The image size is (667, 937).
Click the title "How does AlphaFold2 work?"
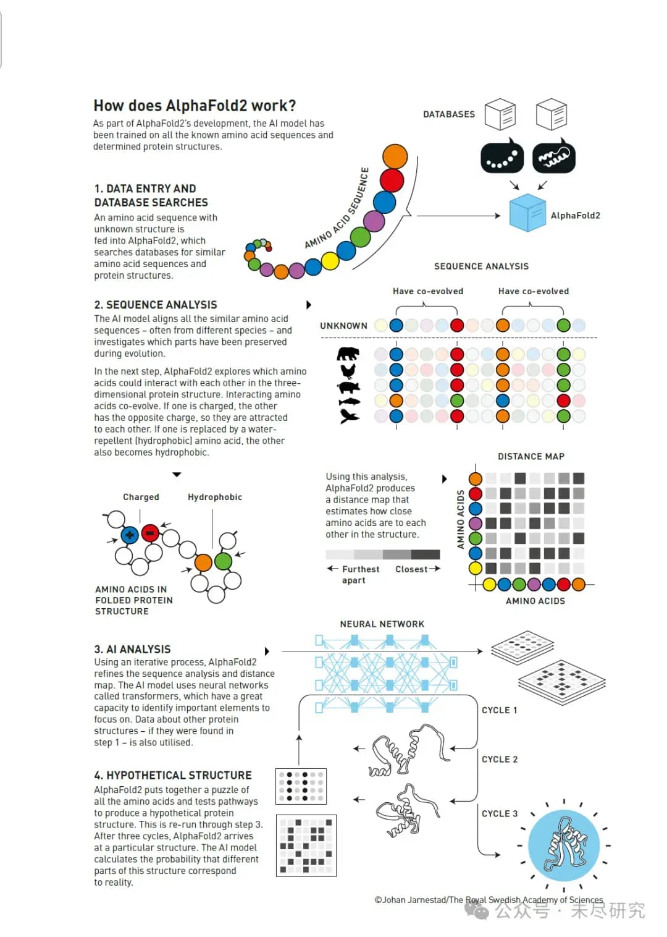(195, 106)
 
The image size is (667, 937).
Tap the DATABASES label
(449, 114)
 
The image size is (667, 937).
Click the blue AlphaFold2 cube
(527, 213)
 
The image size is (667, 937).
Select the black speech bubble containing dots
(501, 158)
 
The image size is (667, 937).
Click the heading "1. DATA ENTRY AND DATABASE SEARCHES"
(151, 195)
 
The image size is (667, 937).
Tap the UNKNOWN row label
(343, 326)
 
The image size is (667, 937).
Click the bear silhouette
(348, 354)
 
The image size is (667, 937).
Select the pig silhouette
(348, 388)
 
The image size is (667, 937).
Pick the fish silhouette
(348, 402)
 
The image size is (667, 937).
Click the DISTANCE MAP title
(531, 457)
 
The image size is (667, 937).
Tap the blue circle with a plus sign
(130, 535)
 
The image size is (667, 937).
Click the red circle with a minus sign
(150, 533)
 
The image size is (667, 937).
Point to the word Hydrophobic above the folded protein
(215, 497)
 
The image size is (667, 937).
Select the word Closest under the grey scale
(411, 569)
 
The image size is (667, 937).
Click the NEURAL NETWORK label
(382, 624)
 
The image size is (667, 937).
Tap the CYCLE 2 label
(500, 760)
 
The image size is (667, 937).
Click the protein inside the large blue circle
(563, 845)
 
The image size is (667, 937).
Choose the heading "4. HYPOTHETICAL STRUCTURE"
(173, 776)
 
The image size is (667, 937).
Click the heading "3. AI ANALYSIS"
(132, 650)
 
